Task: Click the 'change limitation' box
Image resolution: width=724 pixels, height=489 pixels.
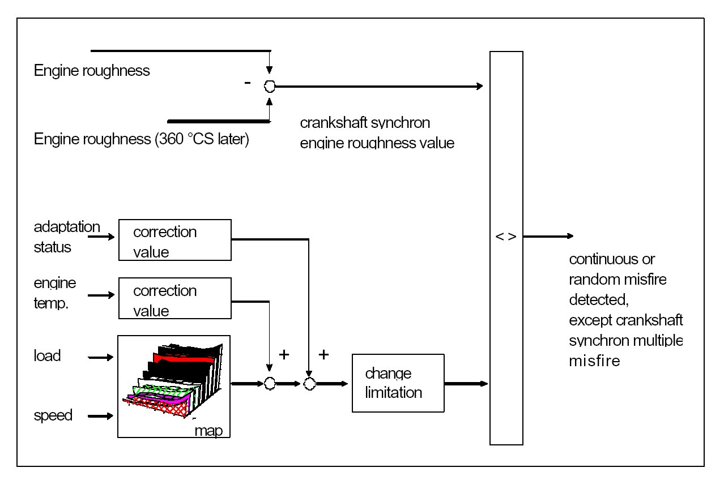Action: [398, 383]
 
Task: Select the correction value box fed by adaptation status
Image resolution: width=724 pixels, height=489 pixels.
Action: [175, 240]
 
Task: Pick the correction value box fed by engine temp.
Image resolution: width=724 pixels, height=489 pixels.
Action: [175, 298]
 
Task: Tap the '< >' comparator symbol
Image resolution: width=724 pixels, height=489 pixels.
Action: [506, 237]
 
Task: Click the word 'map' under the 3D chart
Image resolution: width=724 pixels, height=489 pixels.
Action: [208, 431]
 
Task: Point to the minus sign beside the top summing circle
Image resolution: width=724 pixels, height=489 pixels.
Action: [248, 83]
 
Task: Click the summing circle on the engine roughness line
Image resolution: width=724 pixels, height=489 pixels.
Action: [270, 86]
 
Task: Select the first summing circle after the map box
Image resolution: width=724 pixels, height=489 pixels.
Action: [270, 384]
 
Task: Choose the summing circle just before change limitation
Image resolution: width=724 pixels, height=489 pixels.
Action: [309, 384]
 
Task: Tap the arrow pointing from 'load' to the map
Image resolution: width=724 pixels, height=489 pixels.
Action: [100, 357]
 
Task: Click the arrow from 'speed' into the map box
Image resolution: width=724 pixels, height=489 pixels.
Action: [100, 416]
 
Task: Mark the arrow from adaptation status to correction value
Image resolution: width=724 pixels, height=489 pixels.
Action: [101, 237]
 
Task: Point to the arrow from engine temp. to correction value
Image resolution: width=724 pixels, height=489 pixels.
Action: [101, 295]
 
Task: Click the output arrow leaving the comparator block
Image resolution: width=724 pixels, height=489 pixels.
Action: [548, 236]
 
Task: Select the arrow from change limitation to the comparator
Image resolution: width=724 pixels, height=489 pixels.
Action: [466, 383]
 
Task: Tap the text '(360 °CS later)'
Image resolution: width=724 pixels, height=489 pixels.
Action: [202, 139]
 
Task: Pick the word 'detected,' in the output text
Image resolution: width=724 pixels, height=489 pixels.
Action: [599, 300]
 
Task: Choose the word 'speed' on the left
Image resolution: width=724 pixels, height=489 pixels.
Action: [53, 415]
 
